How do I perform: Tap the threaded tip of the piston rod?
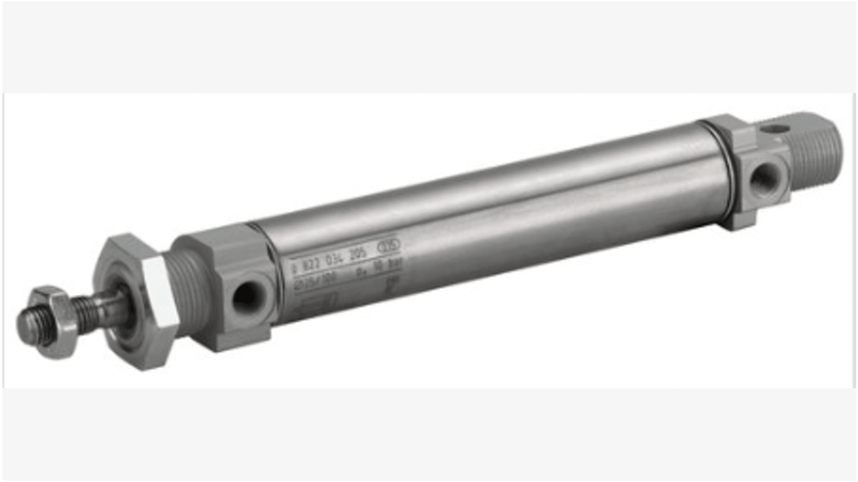coord(27,326)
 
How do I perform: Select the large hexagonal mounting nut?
coord(136,302)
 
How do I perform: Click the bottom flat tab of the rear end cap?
coord(738,221)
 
